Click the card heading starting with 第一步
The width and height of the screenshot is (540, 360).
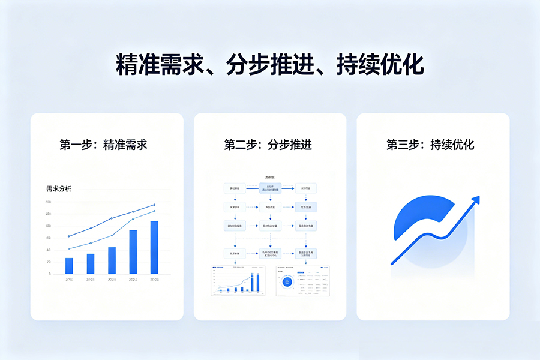pos(103,145)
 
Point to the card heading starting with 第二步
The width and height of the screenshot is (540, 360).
pos(268,145)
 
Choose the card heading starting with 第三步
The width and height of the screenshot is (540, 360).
pos(430,145)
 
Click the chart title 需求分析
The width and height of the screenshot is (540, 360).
pos(58,188)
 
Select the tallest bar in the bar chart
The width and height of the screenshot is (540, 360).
pos(154,247)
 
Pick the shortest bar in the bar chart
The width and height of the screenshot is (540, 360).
pos(69,266)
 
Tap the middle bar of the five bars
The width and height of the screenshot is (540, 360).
pos(112,260)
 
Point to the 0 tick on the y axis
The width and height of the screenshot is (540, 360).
pos(49,274)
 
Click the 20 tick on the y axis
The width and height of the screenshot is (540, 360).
pos(48,262)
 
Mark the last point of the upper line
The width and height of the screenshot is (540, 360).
pos(154,205)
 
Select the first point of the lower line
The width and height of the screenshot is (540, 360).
pos(69,248)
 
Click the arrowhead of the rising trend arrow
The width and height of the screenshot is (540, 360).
pos(475,200)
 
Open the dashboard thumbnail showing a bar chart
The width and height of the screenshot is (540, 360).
pos(237,280)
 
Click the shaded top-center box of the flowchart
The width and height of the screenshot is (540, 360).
pos(270,188)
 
